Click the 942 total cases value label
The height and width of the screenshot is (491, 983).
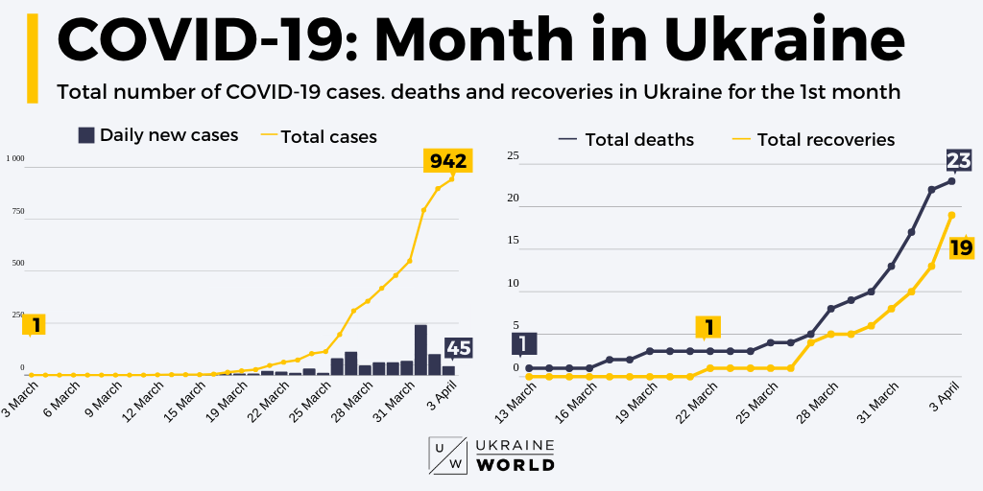point(447,161)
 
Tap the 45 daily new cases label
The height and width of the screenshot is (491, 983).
point(458,348)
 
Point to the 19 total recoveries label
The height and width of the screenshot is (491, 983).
point(961,247)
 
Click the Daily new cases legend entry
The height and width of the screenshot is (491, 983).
point(157,135)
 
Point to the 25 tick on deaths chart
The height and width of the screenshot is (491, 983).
point(513,155)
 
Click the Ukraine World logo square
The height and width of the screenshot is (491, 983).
point(447,456)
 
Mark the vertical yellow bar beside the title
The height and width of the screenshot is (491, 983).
point(32,58)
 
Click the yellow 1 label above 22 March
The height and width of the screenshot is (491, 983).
point(708,328)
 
